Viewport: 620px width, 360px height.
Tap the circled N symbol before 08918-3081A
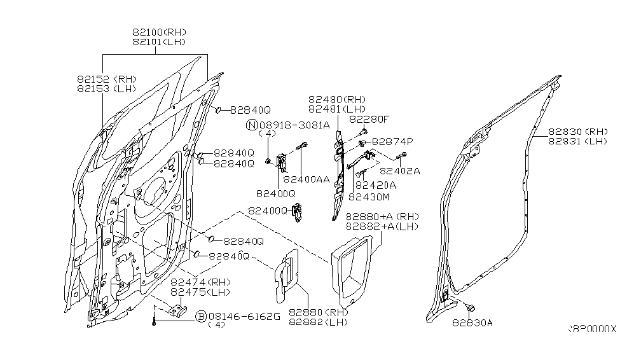[252, 125]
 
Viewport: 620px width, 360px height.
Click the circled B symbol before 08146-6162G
[201, 315]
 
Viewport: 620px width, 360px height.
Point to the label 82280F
[369, 119]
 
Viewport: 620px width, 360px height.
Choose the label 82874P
[392, 141]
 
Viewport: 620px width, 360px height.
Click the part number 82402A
[400, 170]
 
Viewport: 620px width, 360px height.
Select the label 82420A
[375, 185]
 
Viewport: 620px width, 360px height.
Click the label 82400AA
[309, 180]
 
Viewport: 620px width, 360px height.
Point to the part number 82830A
[472, 322]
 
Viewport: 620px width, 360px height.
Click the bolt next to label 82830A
[469, 308]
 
